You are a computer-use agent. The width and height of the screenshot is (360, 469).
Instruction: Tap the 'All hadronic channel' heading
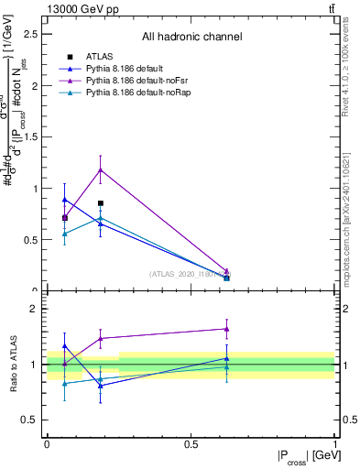[191, 37]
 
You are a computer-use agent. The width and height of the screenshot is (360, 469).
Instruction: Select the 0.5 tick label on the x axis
[191, 443]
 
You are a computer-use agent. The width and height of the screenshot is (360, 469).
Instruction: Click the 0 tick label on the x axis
[47, 443]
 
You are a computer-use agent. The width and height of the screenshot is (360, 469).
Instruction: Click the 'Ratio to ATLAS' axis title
[13, 364]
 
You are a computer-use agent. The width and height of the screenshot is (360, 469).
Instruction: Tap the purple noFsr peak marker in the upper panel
[101, 169]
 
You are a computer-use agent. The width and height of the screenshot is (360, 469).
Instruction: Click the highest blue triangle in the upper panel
[64, 200]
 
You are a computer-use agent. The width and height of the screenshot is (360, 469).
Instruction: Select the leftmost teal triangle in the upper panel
[64, 234]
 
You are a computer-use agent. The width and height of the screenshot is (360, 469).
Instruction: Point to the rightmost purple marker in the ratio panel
[226, 329]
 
